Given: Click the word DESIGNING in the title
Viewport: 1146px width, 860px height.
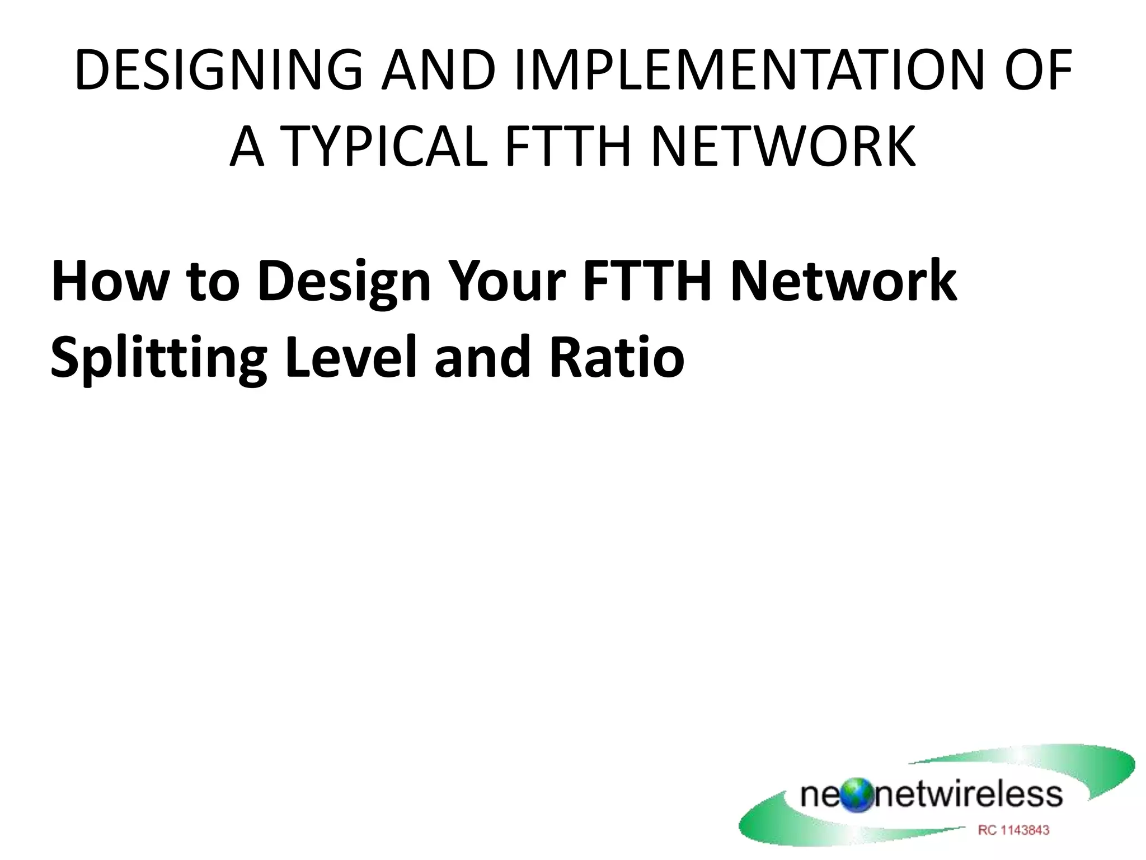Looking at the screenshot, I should pyautogui.click(x=218, y=70).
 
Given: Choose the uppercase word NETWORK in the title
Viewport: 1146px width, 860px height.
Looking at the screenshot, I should pyautogui.click(x=784, y=147).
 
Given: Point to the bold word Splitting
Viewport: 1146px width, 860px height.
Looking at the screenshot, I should pyautogui.click(x=158, y=358).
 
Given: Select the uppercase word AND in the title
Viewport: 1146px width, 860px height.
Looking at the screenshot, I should pyautogui.click(x=438, y=70).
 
